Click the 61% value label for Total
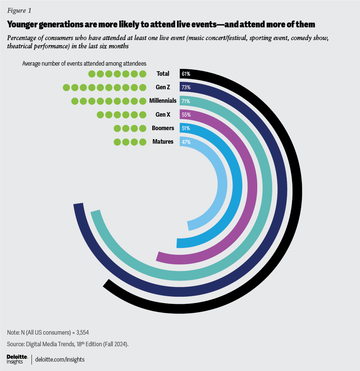(x=186, y=74)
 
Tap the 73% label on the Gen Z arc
(x=186, y=87)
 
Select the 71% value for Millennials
(x=186, y=101)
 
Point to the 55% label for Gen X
(x=186, y=115)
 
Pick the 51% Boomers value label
(x=186, y=128)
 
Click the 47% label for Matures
(x=186, y=142)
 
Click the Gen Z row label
(x=163, y=87)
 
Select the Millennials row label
(x=162, y=101)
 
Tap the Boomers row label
(x=163, y=128)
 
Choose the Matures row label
(x=163, y=141)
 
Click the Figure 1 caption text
(x=19, y=11)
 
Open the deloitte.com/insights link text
(x=60, y=359)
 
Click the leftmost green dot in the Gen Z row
(x=66, y=88)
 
